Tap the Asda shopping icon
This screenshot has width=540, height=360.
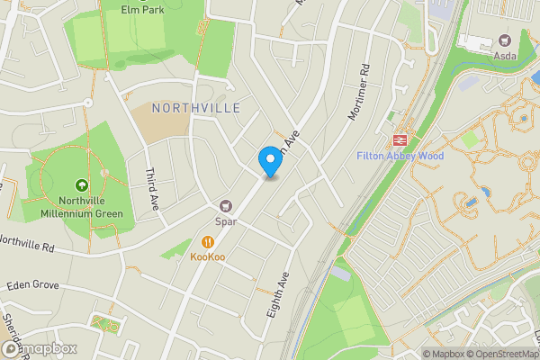pyautogui.click(x=503, y=40)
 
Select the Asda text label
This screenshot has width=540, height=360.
pyautogui.click(x=503, y=57)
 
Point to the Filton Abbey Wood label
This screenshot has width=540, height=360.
pyautogui.click(x=400, y=156)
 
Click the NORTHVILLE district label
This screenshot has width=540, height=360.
pyautogui.click(x=196, y=108)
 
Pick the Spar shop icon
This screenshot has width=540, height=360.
pyautogui.click(x=226, y=205)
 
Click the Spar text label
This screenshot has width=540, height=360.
pyautogui.click(x=225, y=221)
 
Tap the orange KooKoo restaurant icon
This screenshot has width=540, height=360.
pyautogui.click(x=208, y=241)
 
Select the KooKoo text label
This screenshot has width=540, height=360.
pyautogui.click(x=208, y=257)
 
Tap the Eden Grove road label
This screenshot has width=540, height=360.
pyautogui.click(x=32, y=284)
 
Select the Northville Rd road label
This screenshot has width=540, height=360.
pyautogui.click(x=27, y=242)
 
